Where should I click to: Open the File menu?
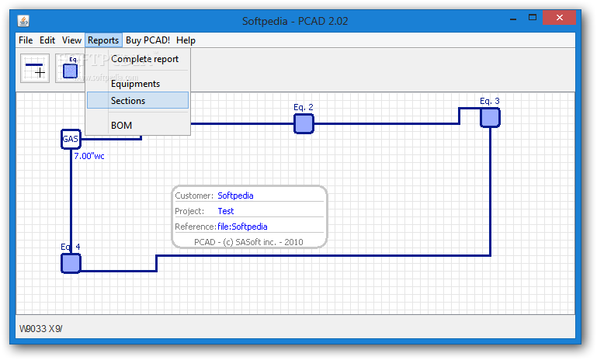[x=26, y=40]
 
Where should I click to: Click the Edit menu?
[x=47, y=40]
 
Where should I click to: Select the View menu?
[x=71, y=40]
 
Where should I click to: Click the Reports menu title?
[x=103, y=40]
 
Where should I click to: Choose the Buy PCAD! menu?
[x=148, y=40]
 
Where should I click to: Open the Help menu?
[x=186, y=40]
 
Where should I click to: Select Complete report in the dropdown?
[x=144, y=59]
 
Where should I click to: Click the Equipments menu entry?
[x=136, y=84]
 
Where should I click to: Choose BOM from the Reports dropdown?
[x=121, y=126]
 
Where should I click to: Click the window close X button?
[x=559, y=18]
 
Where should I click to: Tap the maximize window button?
[x=533, y=18]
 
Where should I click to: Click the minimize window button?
[x=513, y=19]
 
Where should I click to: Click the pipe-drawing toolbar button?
[x=35, y=68]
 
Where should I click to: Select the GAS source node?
[x=71, y=139]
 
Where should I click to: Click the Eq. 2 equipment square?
[x=304, y=123]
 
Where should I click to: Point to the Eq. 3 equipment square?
[x=490, y=117]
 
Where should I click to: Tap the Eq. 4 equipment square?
[x=71, y=263]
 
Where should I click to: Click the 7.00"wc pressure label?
[x=89, y=156]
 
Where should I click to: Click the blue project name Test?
[x=226, y=211]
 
